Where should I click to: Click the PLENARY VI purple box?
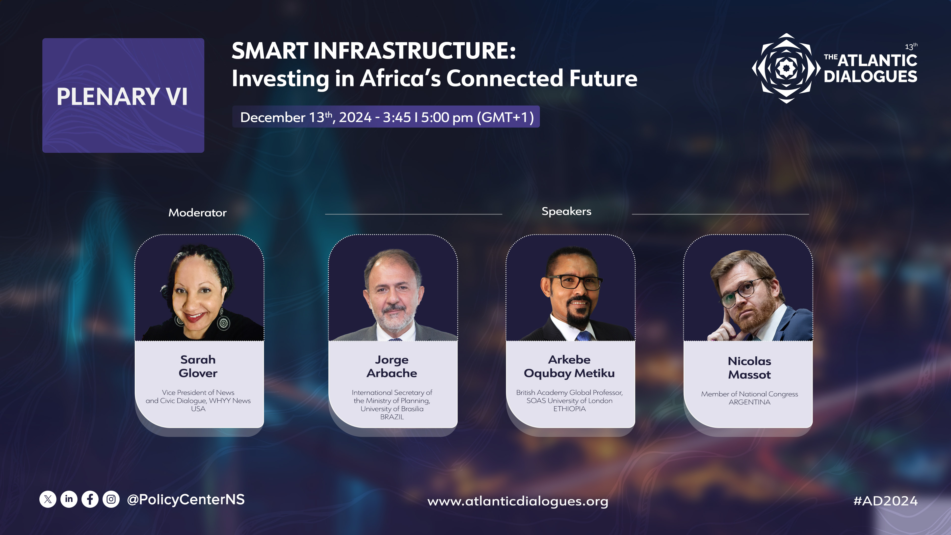(x=123, y=95)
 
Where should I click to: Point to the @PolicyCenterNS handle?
(x=186, y=500)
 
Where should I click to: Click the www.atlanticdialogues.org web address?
(x=518, y=501)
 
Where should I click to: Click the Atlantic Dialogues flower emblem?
(x=786, y=68)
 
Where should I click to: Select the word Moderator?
(x=198, y=213)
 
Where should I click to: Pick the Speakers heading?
(x=566, y=212)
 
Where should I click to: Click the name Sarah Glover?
(x=198, y=366)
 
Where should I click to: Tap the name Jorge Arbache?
(x=392, y=366)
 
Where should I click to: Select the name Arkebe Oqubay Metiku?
(x=569, y=367)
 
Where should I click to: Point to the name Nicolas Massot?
(x=749, y=368)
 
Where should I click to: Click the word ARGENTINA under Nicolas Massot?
(x=749, y=402)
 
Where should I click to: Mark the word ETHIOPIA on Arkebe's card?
(x=569, y=409)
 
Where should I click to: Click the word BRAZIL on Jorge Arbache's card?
(x=392, y=417)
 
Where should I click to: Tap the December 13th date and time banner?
(x=386, y=117)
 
